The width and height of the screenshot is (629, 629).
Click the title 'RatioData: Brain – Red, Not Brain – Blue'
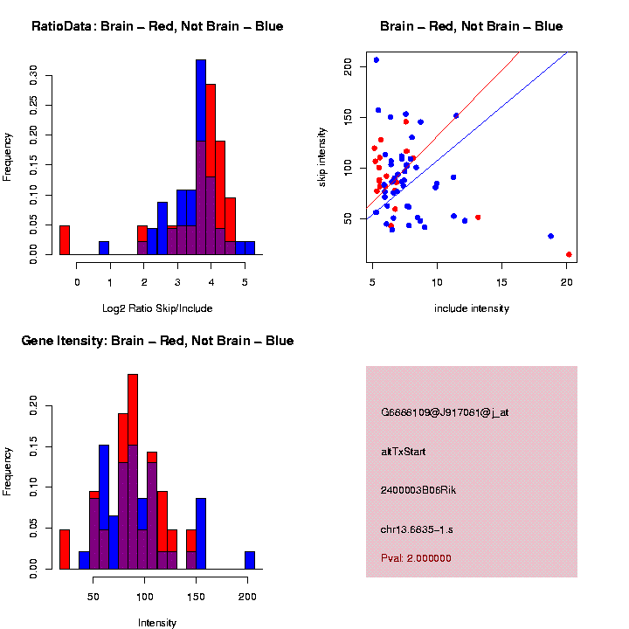tap(157, 26)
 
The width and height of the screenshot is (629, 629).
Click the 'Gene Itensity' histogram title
tap(157, 341)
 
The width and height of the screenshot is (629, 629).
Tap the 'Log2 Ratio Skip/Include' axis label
tap(158, 308)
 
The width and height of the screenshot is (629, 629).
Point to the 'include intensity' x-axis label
tap(472, 308)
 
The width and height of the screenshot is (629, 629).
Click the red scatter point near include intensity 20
tap(569, 254)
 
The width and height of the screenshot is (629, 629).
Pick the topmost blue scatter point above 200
tap(377, 60)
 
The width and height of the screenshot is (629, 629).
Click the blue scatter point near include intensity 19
tap(550, 236)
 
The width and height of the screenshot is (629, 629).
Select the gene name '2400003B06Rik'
tap(418, 490)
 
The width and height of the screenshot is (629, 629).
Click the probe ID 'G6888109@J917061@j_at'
tap(445, 412)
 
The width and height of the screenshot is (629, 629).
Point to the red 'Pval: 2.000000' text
tap(416, 557)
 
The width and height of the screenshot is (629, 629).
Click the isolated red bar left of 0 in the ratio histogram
tap(65, 240)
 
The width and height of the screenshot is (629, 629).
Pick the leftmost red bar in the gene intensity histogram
tap(65, 550)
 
